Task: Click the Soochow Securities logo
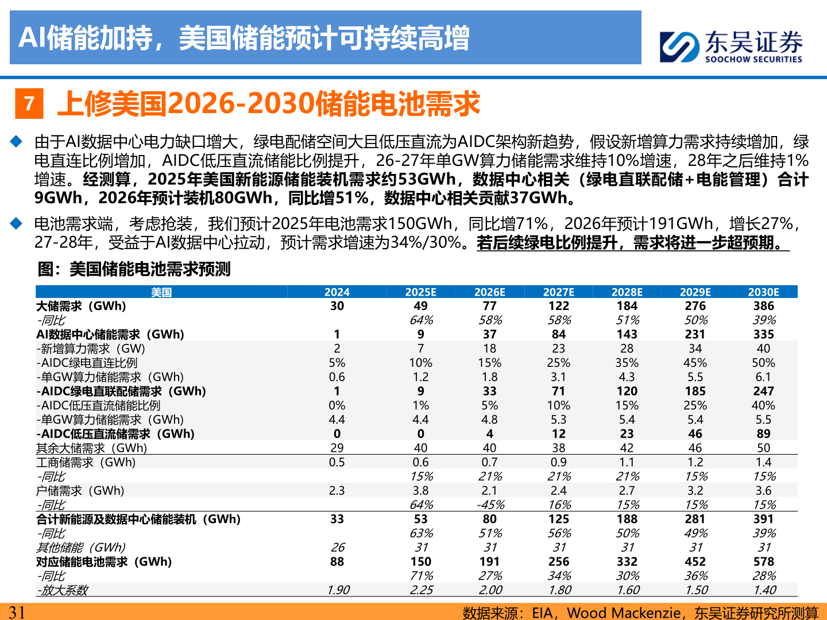[x=731, y=46]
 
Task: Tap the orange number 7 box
[x=29, y=104]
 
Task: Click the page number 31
[x=17, y=612]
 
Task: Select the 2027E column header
[x=558, y=292]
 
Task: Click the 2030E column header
[x=763, y=292]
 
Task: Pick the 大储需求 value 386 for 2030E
[x=763, y=306]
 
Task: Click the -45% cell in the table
[x=490, y=505]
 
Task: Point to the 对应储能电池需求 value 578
[x=763, y=561]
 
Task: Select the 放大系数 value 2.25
[x=421, y=590]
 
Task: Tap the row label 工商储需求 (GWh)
[x=86, y=462]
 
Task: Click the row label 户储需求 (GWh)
[x=80, y=491]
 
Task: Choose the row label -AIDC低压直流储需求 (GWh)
[x=115, y=434]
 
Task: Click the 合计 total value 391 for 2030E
[x=763, y=519]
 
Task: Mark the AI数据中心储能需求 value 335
[x=763, y=334]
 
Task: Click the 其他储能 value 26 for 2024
[x=337, y=548]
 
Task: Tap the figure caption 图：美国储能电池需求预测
[x=134, y=269]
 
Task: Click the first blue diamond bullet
[x=16, y=141]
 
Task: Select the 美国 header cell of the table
[x=161, y=292]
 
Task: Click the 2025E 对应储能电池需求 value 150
[x=421, y=561]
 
